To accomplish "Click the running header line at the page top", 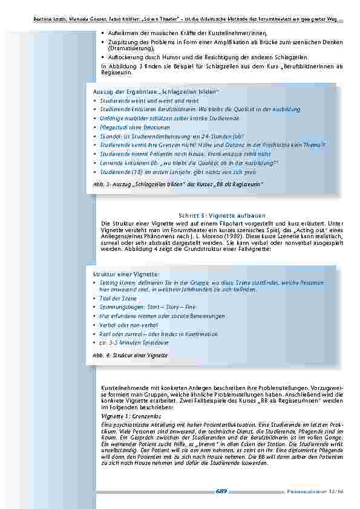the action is click(188, 21).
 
